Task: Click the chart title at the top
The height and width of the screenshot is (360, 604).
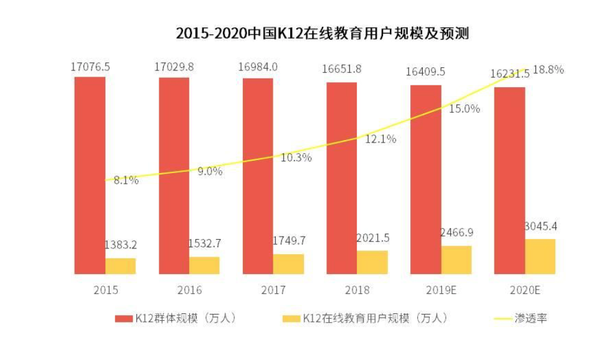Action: [x=322, y=33]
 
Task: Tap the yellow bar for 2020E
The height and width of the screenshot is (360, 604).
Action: [x=540, y=257]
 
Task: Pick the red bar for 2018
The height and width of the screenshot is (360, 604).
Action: [x=341, y=178]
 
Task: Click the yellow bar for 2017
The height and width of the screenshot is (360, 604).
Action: [x=288, y=264]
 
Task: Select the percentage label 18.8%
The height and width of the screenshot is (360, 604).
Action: [x=549, y=70]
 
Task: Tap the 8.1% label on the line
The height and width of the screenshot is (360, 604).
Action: [x=126, y=181]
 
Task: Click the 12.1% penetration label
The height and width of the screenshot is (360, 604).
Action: [x=380, y=139]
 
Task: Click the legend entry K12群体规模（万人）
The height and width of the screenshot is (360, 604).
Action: [x=177, y=318]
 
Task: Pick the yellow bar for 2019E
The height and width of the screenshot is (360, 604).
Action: [x=456, y=260]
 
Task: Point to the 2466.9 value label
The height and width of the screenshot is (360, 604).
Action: [x=456, y=232]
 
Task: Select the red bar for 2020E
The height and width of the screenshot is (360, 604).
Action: [x=509, y=181]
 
